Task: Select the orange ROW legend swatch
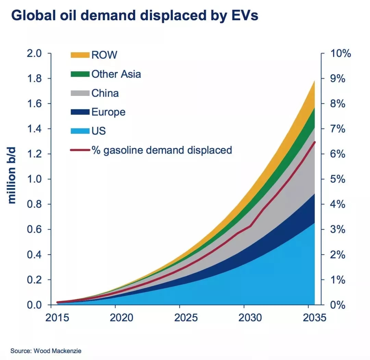[x=80, y=55]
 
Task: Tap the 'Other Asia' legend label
[x=116, y=74]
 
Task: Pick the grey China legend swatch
[x=80, y=93]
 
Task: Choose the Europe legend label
[x=108, y=112]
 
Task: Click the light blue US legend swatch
[x=80, y=131]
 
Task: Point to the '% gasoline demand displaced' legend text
[x=161, y=150]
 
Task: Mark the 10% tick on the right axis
[x=340, y=54]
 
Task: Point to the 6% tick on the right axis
[x=338, y=154]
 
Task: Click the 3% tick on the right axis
[x=338, y=229]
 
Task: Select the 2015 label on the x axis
[x=58, y=318]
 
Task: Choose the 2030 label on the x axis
[x=250, y=318]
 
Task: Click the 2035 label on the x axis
[x=313, y=318]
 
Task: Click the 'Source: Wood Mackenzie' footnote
[x=46, y=351]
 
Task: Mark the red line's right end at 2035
[x=315, y=142]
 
